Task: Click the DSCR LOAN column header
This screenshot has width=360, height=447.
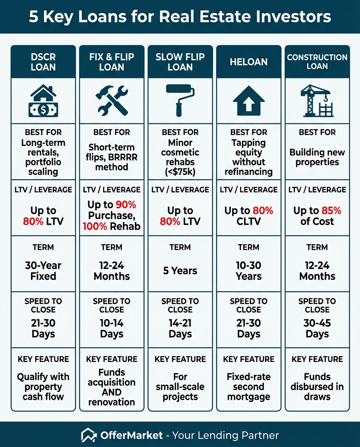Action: (43, 62)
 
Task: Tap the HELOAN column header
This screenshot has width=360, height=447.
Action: (249, 62)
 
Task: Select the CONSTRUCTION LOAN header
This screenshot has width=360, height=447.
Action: (317, 62)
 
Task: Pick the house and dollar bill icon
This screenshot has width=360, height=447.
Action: (43, 100)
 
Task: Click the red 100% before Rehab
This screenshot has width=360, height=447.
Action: (95, 226)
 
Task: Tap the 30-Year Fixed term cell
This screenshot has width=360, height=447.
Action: (43, 271)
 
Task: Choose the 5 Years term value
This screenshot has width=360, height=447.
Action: (180, 270)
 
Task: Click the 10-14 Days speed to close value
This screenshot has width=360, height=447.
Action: (112, 328)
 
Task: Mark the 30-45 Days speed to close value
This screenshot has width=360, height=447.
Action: (317, 328)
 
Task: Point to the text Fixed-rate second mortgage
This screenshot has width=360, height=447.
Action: (249, 386)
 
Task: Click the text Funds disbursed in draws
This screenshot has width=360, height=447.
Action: (317, 386)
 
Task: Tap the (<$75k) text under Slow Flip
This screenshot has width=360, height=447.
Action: (180, 172)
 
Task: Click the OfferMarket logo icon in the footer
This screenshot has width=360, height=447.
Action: (89, 435)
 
